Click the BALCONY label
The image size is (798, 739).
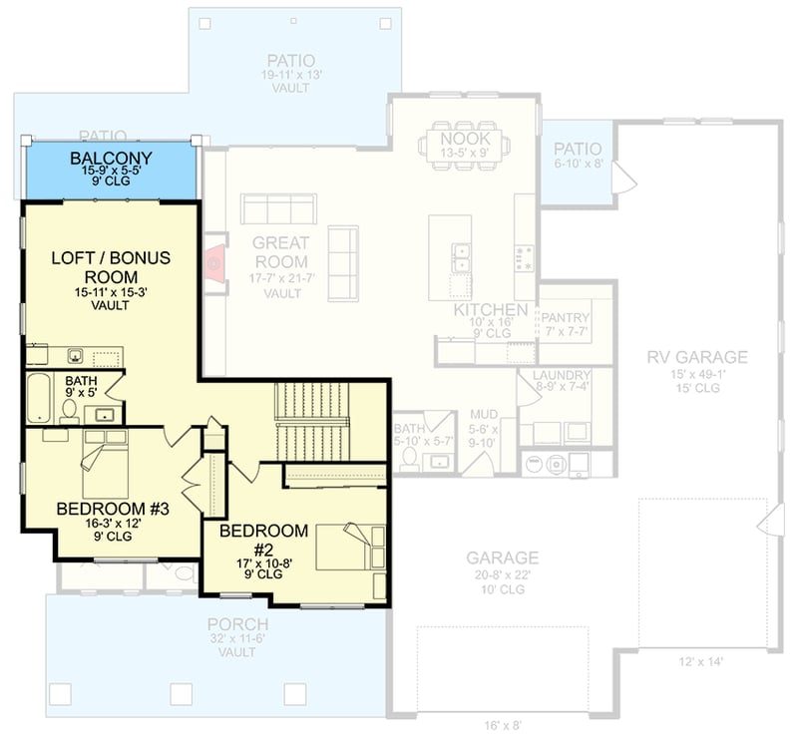click(x=111, y=158)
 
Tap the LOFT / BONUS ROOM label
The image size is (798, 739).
click(x=111, y=267)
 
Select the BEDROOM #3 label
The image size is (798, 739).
click(x=113, y=509)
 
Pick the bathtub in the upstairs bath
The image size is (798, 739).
click(x=36, y=397)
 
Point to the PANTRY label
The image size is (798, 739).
click(x=566, y=317)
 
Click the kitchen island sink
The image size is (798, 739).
click(x=460, y=258)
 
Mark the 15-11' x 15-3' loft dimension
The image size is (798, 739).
click(x=111, y=292)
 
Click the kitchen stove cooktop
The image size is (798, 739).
click(x=524, y=257)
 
